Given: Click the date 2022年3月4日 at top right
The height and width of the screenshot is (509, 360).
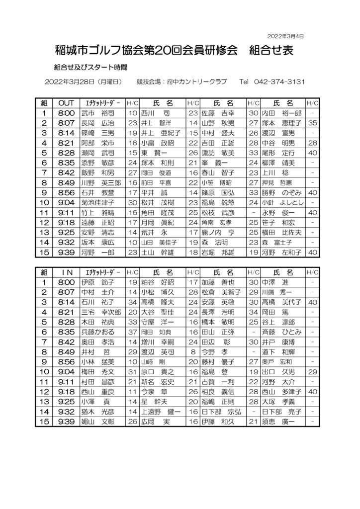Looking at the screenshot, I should coord(285,36).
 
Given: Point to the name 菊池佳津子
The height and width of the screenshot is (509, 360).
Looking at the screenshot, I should coord(97,202).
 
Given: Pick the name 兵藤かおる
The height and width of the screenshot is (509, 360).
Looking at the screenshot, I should coord(97,332).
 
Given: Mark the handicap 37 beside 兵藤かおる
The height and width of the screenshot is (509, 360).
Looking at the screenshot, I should coord(132,332).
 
